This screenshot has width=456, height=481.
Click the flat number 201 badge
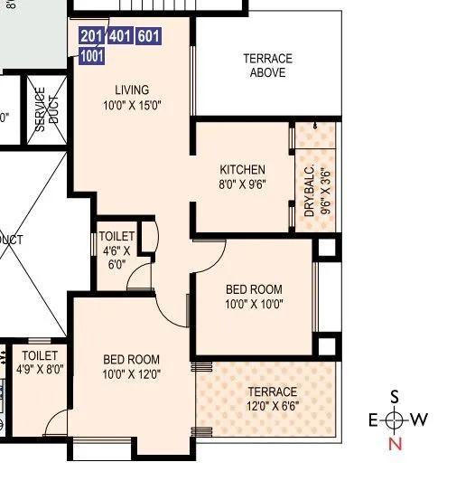coord(92,36)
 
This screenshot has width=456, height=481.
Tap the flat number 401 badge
coord(120,36)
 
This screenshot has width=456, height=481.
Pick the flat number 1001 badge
coord(92,56)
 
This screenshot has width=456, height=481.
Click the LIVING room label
coord(131,90)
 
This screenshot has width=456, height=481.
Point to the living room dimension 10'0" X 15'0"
coord(131,105)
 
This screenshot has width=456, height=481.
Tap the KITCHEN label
coord(243,170)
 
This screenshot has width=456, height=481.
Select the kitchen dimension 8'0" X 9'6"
coord(243,184)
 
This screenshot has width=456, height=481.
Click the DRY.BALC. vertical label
coord(309,191)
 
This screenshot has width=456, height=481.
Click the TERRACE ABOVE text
coord(267,66)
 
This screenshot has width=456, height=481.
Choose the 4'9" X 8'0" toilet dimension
coord(40,370)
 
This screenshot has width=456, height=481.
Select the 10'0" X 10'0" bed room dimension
coord(254,305)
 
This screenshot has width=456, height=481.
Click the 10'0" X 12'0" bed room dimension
coord(131,374)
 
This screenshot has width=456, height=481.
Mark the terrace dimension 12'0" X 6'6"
coord(273,407)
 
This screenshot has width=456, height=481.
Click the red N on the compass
coord(395,444)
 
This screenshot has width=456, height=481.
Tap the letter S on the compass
coord(395,396)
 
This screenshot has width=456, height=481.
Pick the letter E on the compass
coord(372,420)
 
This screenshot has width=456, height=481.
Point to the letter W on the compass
coord(418,420)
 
